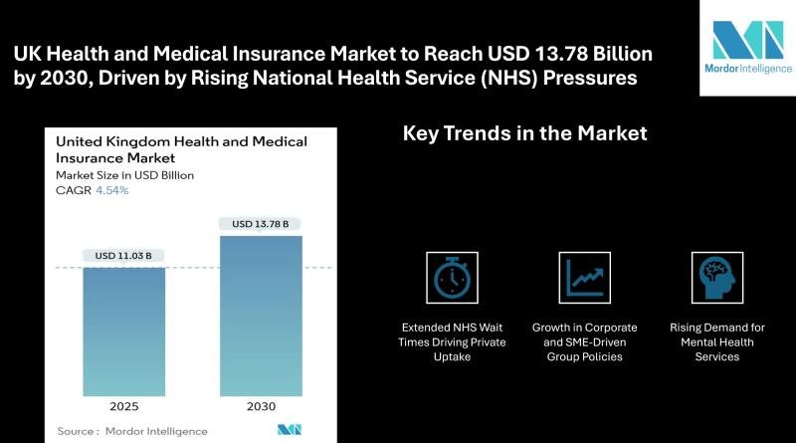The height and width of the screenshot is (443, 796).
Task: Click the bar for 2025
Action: pyautogui.click(x=123, y=332)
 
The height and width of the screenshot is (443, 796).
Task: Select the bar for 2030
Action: pyautogui.click(x=261, y=316)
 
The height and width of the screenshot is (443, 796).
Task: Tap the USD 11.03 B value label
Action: pyautogui.click(x=123, y=256)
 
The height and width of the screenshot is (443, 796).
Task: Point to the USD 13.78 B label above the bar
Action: pyautogui.click(x=260, y=224)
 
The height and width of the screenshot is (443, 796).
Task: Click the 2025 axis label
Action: pyautogui.click(x=123, y=406)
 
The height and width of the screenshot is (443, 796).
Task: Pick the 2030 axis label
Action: pyautogui.click(x=261, y=406)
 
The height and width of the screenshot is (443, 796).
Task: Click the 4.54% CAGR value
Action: pyautogui.click(x=112, y=190)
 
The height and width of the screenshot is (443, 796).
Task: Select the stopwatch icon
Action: pyautogui.click(x=452, y=278)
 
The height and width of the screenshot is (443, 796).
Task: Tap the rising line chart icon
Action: pyautogui.click(x=585, y=278)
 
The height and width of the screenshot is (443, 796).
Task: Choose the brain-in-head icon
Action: pyautogui.click(x=717, y=278)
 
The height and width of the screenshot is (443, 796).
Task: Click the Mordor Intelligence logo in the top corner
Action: pyautogui.click(x=748, y=47)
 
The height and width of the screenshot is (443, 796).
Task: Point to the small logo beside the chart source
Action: pyautogui.click(x=290, y=430)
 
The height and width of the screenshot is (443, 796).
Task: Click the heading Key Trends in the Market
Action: pyautogui.click(x=525, y=133)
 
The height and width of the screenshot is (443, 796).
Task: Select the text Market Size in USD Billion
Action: pyautogui.click(x=125, y=175)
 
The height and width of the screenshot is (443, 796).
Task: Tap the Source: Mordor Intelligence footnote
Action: pyautogui.click(x=132, y=431)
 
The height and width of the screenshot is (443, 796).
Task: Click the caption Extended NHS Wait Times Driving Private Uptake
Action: pyautogui.click(x=452, y=341)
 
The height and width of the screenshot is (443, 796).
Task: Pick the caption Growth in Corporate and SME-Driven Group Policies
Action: pyautogui.click(x=585, y=341)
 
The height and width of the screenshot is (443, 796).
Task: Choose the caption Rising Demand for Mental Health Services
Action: pyautogui.click(x=717, y=341)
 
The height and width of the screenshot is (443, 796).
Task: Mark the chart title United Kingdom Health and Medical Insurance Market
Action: pyautogui.click(x=181, y=149)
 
